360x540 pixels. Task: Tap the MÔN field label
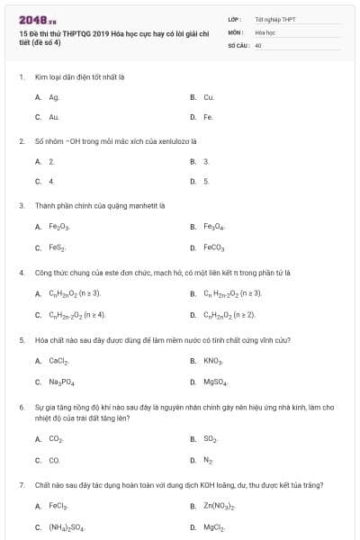coord(235,31)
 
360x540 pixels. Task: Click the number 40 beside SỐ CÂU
coord(257,44)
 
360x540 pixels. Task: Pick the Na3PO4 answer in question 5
coord(60,382)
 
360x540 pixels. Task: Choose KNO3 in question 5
coord(212,361)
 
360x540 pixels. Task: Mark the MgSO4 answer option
coord(215,382)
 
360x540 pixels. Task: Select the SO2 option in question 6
coord(211,438)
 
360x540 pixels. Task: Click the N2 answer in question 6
coord(208,459)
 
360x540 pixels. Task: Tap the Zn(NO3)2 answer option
coord(219,507)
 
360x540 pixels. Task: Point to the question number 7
coord(22,485)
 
